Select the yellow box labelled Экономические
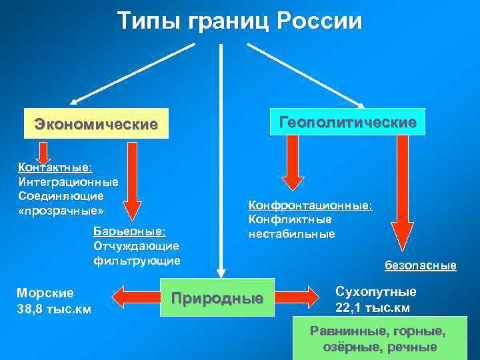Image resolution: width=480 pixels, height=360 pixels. [x=96, y=123]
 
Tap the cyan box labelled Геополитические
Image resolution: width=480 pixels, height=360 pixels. [x=347, y=122]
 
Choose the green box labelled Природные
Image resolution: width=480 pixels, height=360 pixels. [x=217, y=297]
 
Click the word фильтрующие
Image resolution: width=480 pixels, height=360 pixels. [x=137, y=259]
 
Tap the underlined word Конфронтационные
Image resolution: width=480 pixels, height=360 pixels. [x=310, y=205]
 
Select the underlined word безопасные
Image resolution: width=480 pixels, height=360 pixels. [x=420, y=265]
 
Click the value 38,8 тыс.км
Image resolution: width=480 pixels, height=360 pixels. [x=53, y=309]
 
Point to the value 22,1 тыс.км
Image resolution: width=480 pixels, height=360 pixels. [x=372, y=307]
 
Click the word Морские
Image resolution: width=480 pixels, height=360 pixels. [x=45, y=293]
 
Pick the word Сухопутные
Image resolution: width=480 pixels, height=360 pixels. [x=376, y=292]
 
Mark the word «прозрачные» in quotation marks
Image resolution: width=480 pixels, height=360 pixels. [x=61, y=211]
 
